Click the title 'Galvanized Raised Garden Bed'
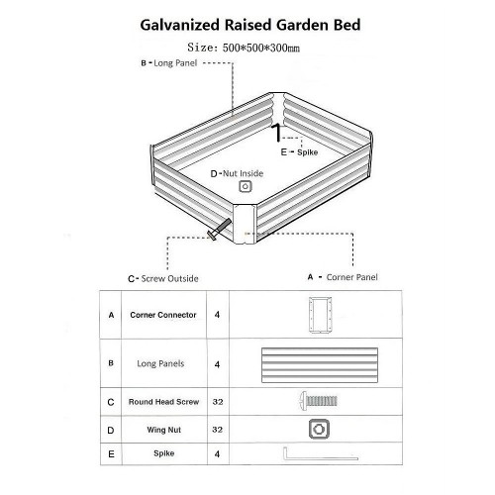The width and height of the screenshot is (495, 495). [250, 25]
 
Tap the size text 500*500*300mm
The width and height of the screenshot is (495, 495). [261, 48]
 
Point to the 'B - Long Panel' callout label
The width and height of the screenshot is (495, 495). [169, 63]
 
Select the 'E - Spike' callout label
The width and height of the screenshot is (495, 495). [299, 152]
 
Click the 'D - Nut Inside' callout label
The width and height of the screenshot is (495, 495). [237, 173]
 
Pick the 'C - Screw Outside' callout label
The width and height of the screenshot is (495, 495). [163, 279]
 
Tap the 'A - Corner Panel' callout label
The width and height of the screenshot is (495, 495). [343, 277]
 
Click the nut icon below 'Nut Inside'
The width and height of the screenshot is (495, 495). [246, 186]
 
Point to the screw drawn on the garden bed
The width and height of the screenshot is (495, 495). [219, 229]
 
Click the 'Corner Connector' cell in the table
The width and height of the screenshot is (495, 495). [163, 315]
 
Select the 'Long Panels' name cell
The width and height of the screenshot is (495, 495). [160, 363]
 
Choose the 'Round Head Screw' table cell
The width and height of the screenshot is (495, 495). [163, 402]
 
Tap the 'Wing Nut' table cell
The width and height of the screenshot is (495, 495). [164, 430]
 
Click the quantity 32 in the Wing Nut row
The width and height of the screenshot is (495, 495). [218, 430]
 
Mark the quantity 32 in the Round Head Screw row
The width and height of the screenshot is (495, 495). [218, 402]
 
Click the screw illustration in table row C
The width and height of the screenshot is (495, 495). [319, 401]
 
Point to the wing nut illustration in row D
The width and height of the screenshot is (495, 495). [319, 430]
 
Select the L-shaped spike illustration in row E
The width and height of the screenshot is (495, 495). [320, 458]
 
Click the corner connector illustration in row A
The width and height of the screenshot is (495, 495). [320, 315]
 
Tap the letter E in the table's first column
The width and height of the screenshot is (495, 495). [111, 454]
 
